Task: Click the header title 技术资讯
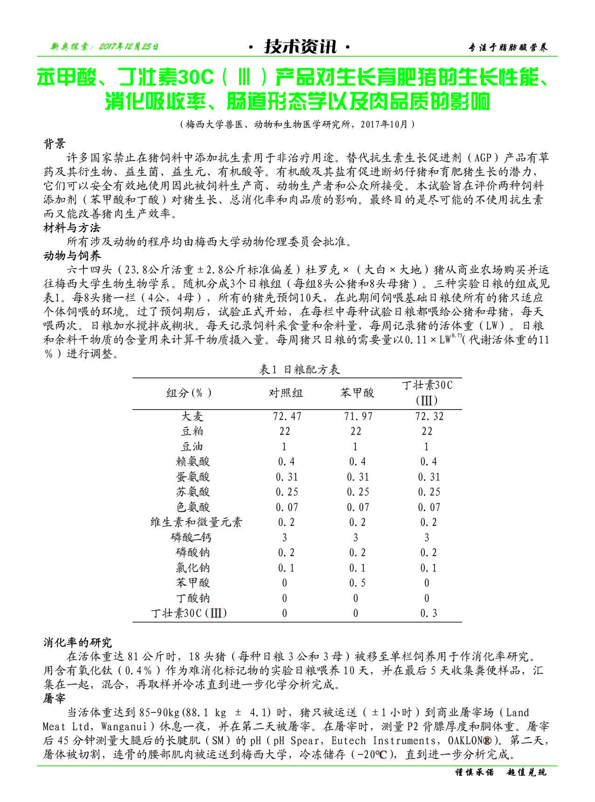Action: [300, 47]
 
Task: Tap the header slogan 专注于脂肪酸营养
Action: [508, 47]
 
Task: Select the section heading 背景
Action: [55, 144]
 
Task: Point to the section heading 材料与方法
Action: [72, 228]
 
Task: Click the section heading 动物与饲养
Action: [72, 256]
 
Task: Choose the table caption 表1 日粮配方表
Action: [299, 370]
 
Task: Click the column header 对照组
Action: [285, 393]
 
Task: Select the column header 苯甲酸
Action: [357, 393]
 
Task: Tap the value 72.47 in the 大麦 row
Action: [287, 416]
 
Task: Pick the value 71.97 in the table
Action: [358, 416]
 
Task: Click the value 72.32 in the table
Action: [429, 416]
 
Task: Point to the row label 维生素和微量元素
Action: [196, 522]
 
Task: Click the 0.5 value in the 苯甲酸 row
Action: [357, 583]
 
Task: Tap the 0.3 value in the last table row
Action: [429, 613]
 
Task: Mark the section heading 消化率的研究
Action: [77, 642]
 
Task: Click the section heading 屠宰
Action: [55, 698]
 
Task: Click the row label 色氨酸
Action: [193, 507]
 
